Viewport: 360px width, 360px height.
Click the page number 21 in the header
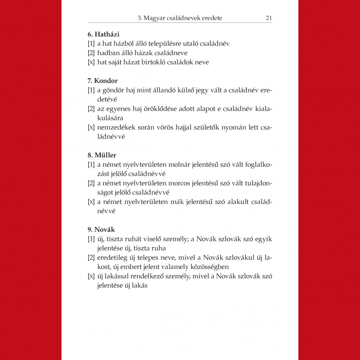coord(269,18)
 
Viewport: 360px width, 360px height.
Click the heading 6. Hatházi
coord(103,35)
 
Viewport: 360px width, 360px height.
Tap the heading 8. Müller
coord(102,155)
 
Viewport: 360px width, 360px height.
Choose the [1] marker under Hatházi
coord(91,44)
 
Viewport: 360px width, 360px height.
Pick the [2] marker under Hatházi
coord(91,53)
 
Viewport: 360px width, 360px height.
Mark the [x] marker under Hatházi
coord(91,62)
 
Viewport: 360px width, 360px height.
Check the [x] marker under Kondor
coord(91,127)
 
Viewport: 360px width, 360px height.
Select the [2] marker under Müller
coord(91,183)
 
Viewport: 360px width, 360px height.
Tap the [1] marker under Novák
coord(91,239)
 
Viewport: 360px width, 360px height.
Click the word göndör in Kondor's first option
coord(112,90)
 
